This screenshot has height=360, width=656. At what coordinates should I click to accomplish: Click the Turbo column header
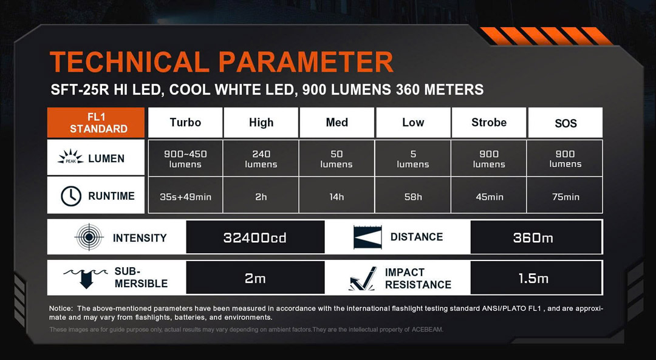click(185, 123)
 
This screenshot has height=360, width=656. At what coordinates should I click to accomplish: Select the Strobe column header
click(488, 123)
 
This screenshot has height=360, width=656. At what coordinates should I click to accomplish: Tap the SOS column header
click(565, 123)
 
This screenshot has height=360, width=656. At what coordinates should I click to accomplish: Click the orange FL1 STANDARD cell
click(96, 123)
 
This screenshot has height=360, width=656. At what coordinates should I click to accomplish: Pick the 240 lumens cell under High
click(261, 158)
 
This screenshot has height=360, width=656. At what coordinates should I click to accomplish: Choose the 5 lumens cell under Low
click(413, 158)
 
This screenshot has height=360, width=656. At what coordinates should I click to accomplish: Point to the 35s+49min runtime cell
click(185, 196)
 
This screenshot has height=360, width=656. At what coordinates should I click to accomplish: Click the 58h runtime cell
click(413, 196)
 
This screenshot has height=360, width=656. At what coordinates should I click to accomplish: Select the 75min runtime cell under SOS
click(565, 196)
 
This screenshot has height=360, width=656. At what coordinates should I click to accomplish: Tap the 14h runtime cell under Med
click(337, 196)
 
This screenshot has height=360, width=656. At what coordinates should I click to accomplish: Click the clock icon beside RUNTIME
click(71, 196)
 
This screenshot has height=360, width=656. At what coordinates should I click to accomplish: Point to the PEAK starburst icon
click(70, 157)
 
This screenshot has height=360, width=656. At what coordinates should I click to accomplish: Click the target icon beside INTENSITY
click(89, 237)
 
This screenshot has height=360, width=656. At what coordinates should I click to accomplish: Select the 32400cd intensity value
click(255, 237)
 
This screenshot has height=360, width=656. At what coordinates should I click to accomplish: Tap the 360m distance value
click(533, 237)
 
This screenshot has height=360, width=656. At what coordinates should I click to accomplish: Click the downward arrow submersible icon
click(86, 278)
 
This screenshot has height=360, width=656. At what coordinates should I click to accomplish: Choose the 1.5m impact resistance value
click(533, 279)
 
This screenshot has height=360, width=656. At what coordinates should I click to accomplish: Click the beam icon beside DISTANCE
click(367, 237)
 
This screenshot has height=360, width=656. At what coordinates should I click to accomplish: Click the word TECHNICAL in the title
click(129, 62)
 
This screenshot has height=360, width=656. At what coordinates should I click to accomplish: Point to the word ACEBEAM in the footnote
click(427, 330)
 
